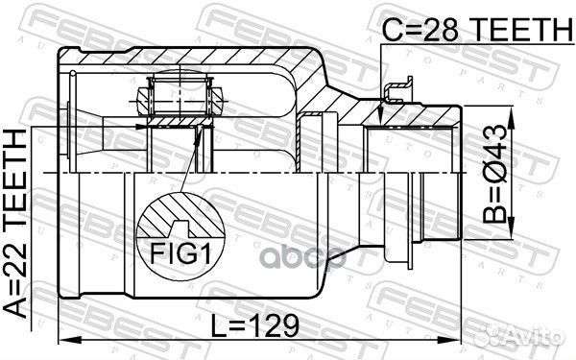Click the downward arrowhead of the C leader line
381,120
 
